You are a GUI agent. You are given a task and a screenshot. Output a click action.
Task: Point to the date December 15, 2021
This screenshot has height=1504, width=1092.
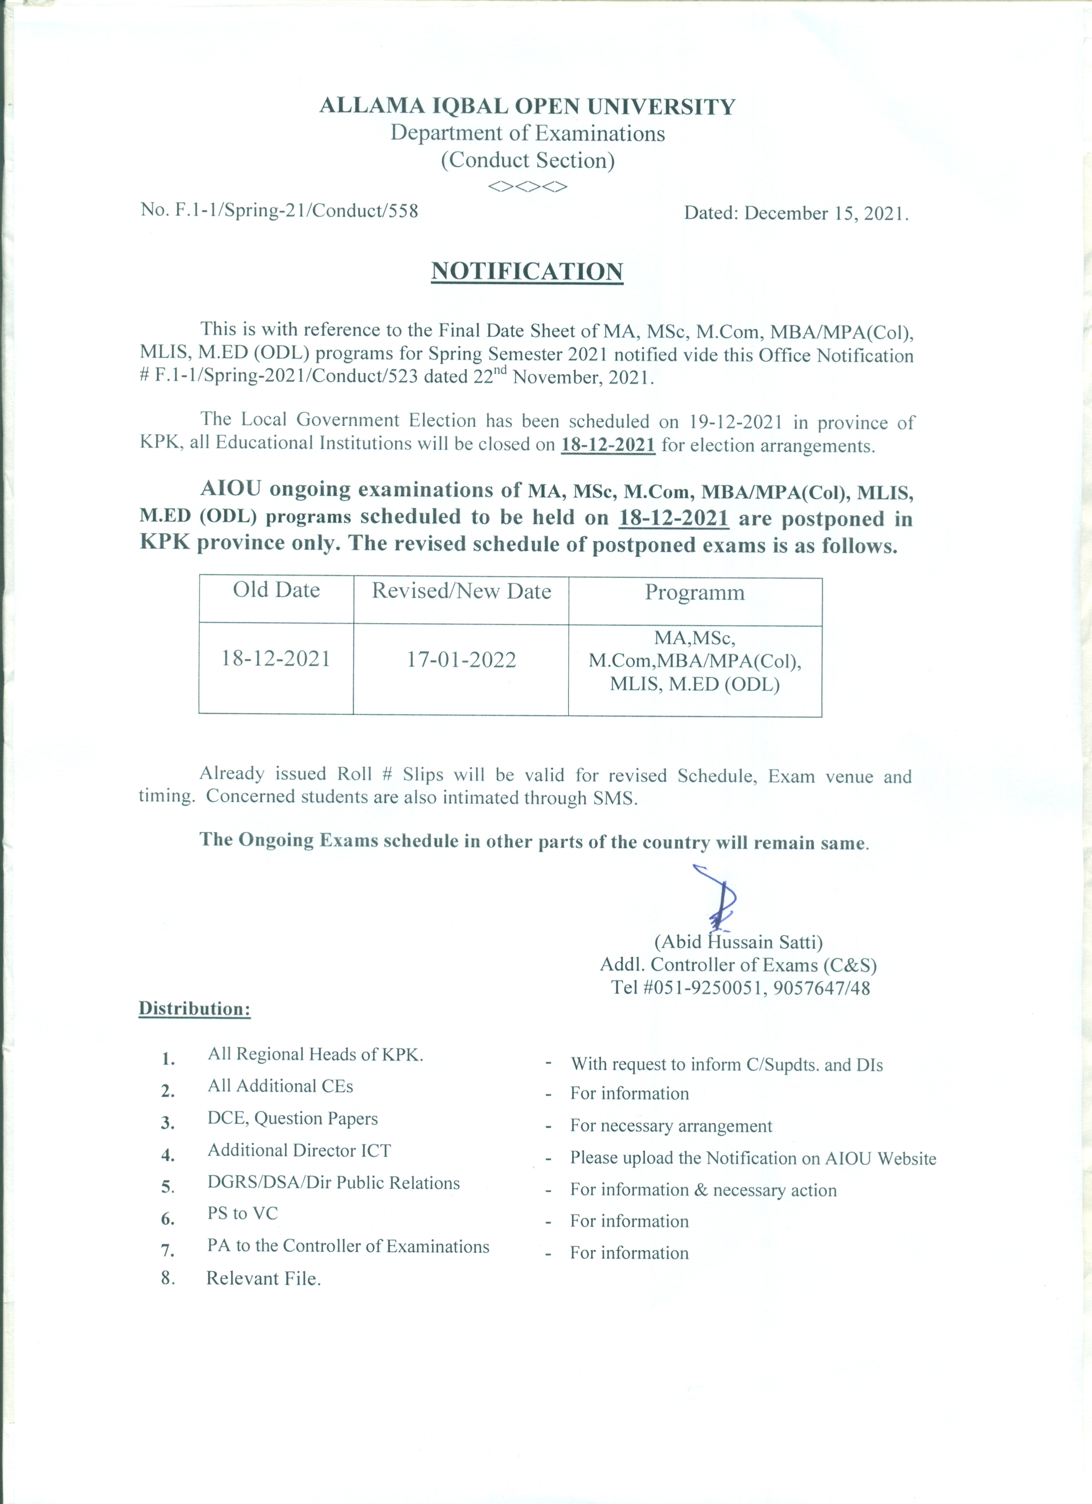coord(826,213)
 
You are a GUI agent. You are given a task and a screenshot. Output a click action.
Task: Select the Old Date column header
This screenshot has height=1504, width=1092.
coord(276,590)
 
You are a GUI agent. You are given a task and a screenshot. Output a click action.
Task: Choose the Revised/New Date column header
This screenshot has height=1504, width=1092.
coord(461,591)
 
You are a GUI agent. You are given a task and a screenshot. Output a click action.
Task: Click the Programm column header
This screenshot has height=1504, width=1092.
coord(695,592)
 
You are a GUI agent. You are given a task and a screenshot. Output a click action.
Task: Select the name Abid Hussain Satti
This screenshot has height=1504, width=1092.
coord(738,942)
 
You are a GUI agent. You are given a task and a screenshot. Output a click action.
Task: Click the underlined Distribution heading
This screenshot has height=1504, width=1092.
coord(194,1009)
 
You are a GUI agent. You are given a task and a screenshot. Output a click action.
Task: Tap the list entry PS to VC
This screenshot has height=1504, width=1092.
coord(242,1213)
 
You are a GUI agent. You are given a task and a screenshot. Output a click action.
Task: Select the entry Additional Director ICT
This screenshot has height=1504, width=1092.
coord(299,1150)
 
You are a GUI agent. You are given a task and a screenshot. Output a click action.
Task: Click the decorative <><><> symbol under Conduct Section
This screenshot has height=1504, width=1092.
coord(528,187)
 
